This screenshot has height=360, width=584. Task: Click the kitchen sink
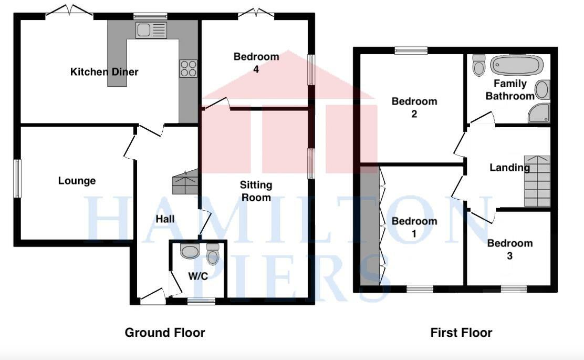[151, 30]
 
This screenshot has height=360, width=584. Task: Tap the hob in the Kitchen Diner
[189, 68]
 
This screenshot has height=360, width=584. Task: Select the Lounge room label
[77, 181]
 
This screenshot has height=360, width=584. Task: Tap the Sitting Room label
[256, 191]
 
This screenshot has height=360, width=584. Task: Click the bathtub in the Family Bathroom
[515, 66]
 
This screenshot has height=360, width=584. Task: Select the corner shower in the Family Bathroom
[540, 113]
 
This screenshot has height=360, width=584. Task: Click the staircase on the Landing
[537, 181]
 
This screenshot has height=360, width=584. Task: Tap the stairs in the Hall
[185, 183]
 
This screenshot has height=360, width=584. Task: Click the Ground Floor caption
[164, 333]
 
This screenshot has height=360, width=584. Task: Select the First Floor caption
[461, 333]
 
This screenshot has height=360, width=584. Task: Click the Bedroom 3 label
[509, 249]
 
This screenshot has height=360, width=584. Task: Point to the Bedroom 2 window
[411, 51]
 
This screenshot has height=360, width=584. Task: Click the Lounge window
[17, 178]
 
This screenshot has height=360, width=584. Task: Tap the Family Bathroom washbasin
[543, 89]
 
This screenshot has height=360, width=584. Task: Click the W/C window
[201, 301]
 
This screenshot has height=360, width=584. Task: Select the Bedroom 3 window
[513, 288]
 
